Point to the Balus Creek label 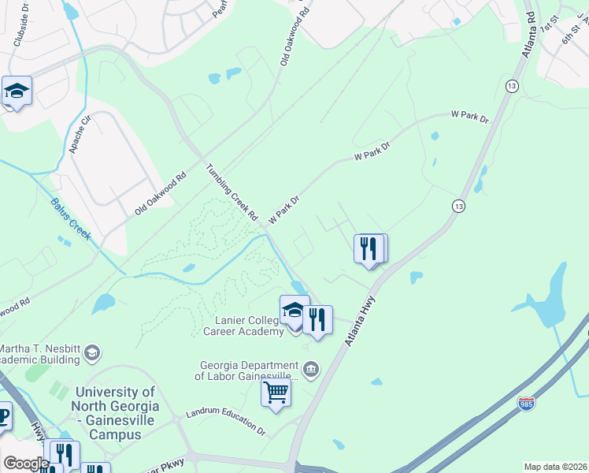coord(71,218)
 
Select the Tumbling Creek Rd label coord(232,192)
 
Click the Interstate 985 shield coord(526,404)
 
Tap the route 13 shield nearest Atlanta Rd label coord(512,85)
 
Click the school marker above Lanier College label coord(294,312)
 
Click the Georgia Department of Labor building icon coord(311,369)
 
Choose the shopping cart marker coord(276,393)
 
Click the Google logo coord(25,464)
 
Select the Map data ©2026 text coord(554,467)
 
